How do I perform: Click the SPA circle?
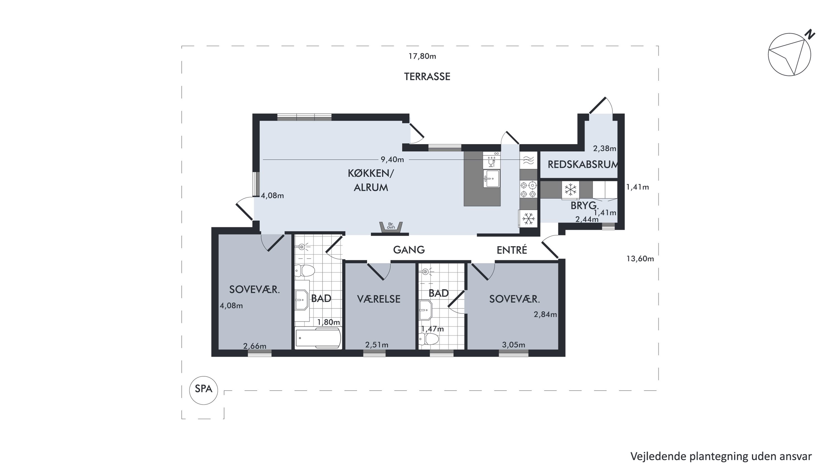pos(203,390)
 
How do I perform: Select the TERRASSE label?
pos(427,77)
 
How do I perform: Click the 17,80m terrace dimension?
pos(422,56)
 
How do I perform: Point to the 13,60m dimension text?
pos(640,259)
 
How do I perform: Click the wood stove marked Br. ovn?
pos(391,226)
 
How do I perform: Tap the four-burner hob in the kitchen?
pos(528,190)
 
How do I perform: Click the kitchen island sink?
pos(491,178)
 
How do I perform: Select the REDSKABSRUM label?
pos(583,164)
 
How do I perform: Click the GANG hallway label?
pos(409,250)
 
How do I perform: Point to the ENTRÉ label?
pos(512,250)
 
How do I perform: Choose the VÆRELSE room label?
pos(379,299)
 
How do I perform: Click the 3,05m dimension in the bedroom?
pos(513,345)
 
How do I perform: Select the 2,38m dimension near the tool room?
pos(604,149)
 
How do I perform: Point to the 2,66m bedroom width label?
pos(255,346)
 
